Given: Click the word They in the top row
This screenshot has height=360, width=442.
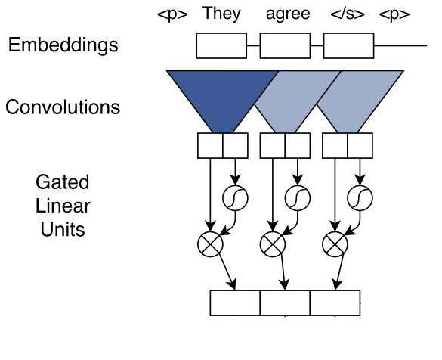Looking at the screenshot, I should [221, 14].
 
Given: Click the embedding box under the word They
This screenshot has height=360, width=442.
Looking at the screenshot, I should [221, 46].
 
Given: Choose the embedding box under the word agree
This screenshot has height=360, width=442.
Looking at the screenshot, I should [285, 46].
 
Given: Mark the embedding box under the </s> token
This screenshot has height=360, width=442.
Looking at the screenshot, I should [348, 46].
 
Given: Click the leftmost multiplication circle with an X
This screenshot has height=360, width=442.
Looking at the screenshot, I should [208, 244].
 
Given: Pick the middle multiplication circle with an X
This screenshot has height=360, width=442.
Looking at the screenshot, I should [271, 244].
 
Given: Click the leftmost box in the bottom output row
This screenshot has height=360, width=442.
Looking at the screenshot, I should [234, 302].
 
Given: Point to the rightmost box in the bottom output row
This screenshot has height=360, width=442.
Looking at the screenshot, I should [335, 302].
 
